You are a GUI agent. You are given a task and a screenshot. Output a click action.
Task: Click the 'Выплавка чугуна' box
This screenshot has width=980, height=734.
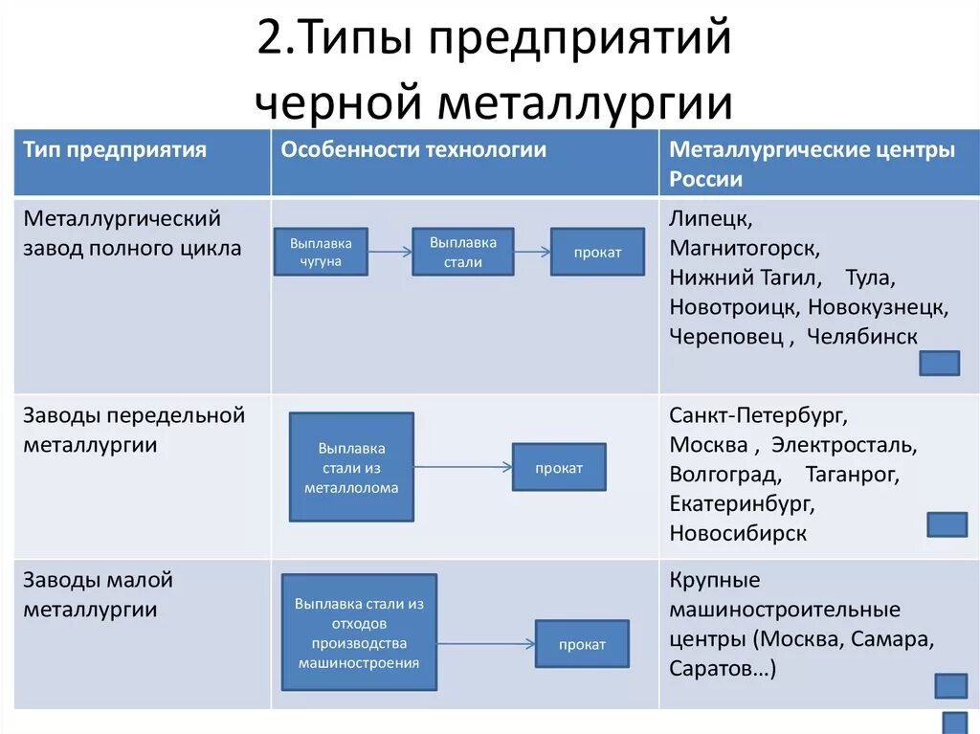321,252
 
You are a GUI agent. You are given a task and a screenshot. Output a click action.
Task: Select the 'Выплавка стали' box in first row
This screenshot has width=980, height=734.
462,252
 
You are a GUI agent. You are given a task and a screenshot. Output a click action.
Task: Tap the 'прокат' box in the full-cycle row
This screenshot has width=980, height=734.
597,253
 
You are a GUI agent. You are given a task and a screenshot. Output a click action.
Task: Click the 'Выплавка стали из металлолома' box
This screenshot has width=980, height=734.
351,467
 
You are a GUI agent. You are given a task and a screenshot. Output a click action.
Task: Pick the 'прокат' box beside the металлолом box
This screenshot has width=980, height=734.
559,468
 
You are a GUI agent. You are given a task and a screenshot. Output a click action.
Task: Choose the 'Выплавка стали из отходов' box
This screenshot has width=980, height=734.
359,633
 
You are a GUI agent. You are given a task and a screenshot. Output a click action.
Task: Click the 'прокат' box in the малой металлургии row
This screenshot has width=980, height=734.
582,644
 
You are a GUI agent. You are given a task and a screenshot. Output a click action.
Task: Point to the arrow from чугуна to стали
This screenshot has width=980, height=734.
390,253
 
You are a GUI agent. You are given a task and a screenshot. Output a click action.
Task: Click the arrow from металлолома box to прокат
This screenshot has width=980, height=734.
463,467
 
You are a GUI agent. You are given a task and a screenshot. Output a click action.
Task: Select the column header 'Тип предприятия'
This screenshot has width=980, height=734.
115,150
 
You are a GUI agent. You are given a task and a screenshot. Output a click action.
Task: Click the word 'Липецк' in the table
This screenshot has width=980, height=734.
710,218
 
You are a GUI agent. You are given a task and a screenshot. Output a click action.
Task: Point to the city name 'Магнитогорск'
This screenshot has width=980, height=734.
744,248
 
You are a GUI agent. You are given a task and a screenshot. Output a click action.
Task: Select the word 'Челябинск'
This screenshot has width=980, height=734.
861,337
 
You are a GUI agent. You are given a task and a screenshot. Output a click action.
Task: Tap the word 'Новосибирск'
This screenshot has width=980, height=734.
738,533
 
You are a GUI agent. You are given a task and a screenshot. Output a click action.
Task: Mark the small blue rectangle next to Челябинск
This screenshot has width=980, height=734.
939,363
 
